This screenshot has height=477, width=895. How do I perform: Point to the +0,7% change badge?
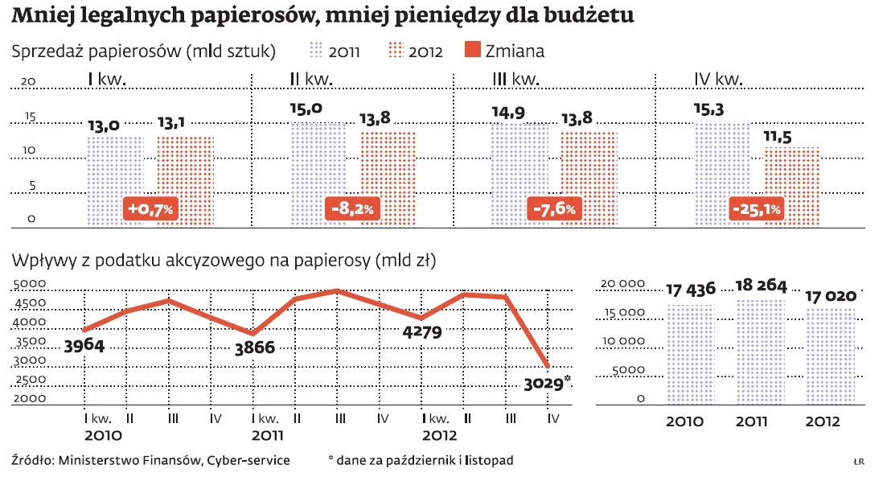(x=150, y=210)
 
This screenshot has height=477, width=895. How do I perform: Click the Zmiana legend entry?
(x=504, y=51)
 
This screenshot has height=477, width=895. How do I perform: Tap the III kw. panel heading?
(x=515, y=79)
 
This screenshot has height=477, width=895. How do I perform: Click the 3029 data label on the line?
(x=544, y=383)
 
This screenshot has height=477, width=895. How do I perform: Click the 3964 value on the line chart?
(x=84, y=346)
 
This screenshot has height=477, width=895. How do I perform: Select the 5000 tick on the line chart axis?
(x=30, y=284)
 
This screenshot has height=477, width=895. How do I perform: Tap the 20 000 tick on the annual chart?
(x=624, y=283)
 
